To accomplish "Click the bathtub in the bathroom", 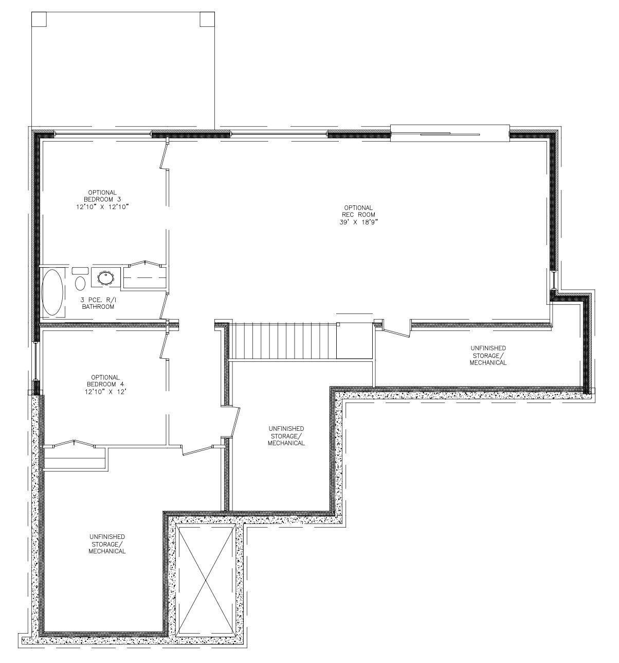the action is [52, 292].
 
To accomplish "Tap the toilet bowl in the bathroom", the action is [80, 283].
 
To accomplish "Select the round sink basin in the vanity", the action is [106, 278].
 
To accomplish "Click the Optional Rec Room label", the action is [358, 212].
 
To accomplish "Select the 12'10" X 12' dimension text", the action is [105, 392].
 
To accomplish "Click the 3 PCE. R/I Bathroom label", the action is [98, 303].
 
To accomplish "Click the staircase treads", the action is [284, 340].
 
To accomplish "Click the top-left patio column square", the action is [39, 19].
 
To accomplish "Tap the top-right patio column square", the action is [207, 19].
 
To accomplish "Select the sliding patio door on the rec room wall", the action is [450, 133].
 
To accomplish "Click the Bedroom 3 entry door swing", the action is [164, 155].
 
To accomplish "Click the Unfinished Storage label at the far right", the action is [488, 355].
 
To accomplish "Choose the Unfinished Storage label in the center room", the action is [286, 435].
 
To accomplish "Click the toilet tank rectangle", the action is [80, 271].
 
